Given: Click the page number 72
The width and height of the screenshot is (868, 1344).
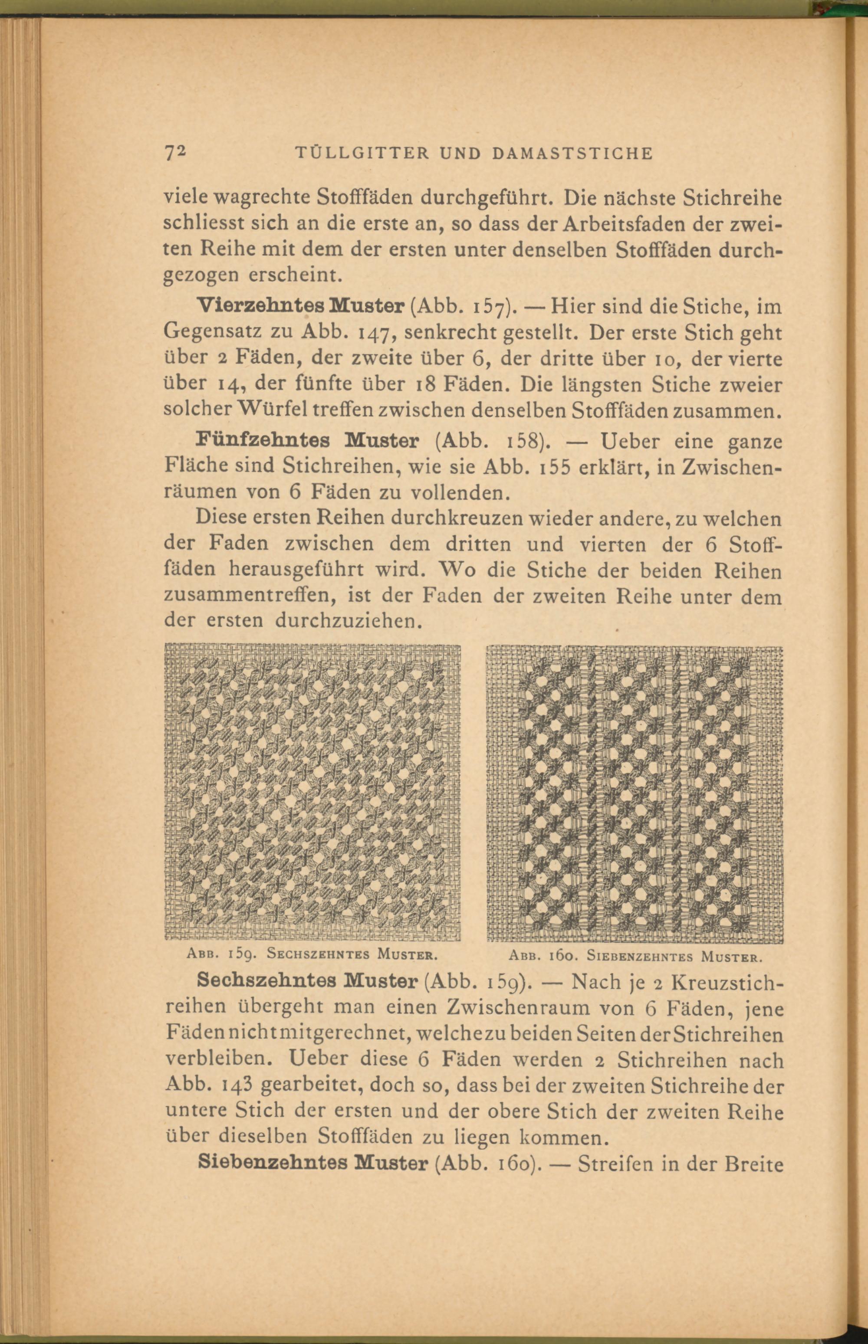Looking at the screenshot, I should pos(175,153).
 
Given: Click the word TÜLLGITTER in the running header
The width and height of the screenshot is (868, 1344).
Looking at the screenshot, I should pos(367,153).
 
